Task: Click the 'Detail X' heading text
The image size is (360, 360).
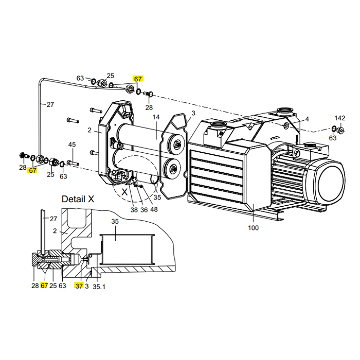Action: pyautogui.click(x=78, y=199)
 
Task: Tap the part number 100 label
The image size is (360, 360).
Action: pyautogui.click(x=253, y=228)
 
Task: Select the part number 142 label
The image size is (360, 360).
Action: pyautogui.click(x=340, y=118)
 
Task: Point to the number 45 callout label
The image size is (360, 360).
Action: pyautogui.click(x=72, y=145)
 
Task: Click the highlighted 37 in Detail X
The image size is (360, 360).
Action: pyautogui.click(x=79, y=285)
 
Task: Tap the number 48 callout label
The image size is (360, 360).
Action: pyautogui.click(x=154, y=210)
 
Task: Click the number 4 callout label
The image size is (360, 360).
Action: pyautogui.click(x=307, y=119)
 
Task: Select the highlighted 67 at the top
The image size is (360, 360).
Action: pyautogui.click(x=138, y=79)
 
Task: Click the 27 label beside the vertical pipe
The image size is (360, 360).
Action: pyautogui.click(x=50, y=104)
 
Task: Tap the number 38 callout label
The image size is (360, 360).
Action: pyautogui.click(x=134, y=210)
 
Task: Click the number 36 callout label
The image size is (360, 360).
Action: pyautogui.click(x=143, y=210)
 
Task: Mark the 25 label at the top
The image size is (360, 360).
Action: pyautogui.click(x=110, y=76)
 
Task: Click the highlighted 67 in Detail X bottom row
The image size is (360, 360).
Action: pyautogui.click(x=44, y=285)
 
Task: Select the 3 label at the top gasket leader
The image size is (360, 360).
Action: pyautogui.click(x=193, y=113)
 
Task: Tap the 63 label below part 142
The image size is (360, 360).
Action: pyautogui.click(x=333, y=138)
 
